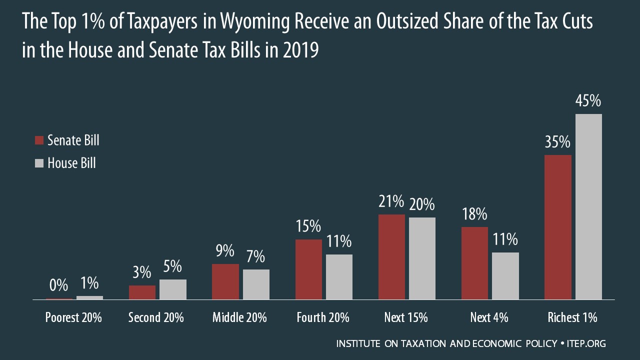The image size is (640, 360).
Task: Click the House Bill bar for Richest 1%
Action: point(588,206)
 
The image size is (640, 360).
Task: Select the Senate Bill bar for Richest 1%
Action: point(557,227)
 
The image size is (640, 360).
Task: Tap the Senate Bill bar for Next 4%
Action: point(474,263)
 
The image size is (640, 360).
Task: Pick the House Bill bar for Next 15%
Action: point(422,258)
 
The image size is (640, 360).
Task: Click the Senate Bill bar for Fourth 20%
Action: point(308,269)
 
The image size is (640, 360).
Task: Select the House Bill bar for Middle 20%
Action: point(256,284)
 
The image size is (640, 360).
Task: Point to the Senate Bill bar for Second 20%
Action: point(142,292)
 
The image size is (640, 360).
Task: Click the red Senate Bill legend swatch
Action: point(39,140)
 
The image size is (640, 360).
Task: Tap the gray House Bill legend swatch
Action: point(39,163)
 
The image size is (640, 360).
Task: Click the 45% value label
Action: point(588,101)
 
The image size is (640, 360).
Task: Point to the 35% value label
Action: point(557,142)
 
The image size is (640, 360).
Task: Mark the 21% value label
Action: point(391,202)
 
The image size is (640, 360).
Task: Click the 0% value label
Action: point(59,285)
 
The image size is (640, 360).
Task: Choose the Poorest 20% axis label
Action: point(73,317)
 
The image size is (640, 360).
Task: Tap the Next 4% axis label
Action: point(489,317)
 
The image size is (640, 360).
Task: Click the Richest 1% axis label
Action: point(572,317)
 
